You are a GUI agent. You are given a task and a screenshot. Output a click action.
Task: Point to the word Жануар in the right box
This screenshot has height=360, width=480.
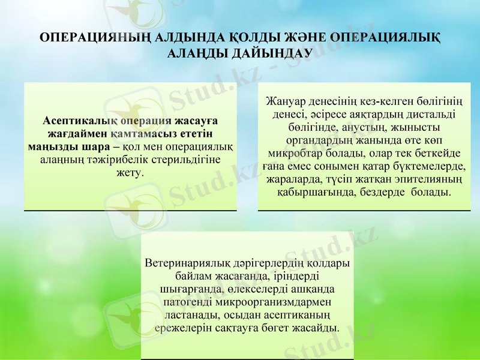(283, 100)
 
